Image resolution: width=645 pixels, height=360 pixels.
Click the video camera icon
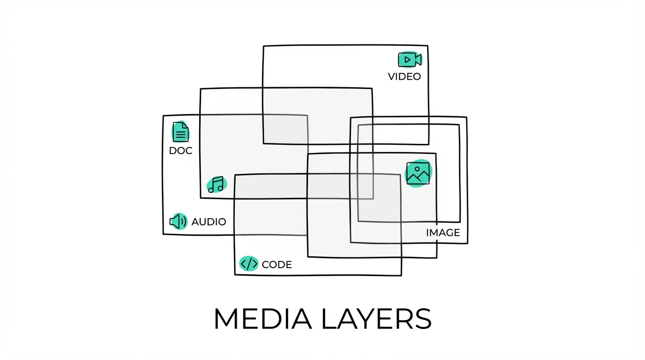(x=410, y=60)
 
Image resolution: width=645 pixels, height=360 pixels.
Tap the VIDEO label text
(x=405, y=76)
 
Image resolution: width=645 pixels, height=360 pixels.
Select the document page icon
(x=180, y=132)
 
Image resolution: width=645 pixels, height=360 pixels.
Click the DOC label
(x=180, y=151)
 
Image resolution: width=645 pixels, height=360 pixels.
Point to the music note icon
(x=216, y=185)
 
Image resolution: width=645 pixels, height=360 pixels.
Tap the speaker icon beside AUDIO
(x=178, y=221)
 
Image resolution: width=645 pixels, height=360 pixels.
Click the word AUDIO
(x=209, y=222)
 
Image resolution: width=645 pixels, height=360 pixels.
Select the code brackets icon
(x=248, y=264)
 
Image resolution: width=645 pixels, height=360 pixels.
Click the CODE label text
(x=277, y=265)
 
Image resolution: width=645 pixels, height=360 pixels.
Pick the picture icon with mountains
(x=418, y=173)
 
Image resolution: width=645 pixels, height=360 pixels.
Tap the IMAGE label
(x=443, y=232)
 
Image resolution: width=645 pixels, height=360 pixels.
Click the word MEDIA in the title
(x=262, y=319)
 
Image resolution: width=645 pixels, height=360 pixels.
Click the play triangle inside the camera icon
(x=408, y=60)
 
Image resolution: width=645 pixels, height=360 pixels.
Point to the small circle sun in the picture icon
(x=416, y=168)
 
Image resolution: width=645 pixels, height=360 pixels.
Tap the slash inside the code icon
(x=248, y=264)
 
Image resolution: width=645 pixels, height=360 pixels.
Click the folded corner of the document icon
(x=186, y=125)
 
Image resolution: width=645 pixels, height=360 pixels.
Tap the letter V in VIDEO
(x=391, y=76)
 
